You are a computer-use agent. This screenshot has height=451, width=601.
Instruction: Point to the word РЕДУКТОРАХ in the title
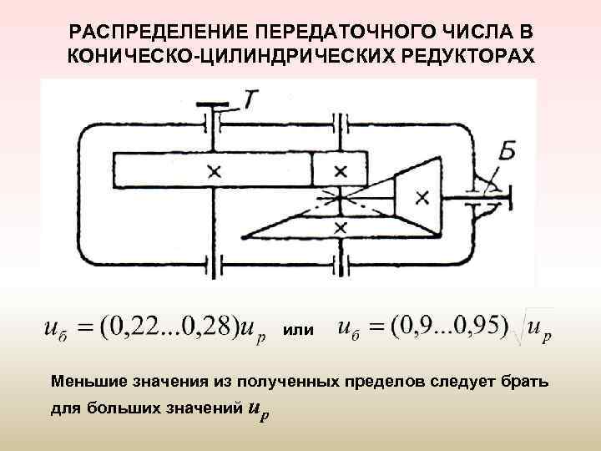click(x=456, y=57)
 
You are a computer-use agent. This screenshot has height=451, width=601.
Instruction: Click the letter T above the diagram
click(x=250, y=99)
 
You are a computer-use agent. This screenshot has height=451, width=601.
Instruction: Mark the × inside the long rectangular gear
click(x=215, y=171)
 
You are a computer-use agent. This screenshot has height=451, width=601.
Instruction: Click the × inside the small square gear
click(x=340, y=170)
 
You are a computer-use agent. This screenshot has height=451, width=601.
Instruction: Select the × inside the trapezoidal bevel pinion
click(x=422, y=197)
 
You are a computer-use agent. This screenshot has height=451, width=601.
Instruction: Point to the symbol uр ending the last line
click(x=261, y=411)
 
